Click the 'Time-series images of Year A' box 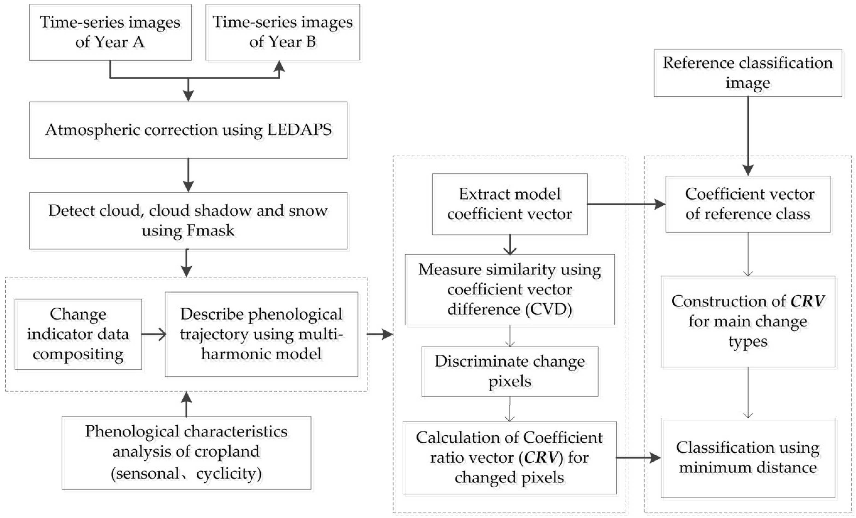110,32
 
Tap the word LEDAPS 299,130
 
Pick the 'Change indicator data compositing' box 78,334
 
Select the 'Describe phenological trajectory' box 261,334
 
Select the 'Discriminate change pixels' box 510,371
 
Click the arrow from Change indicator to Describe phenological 154,334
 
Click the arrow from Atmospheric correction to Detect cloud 188,175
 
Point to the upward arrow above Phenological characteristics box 187,405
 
